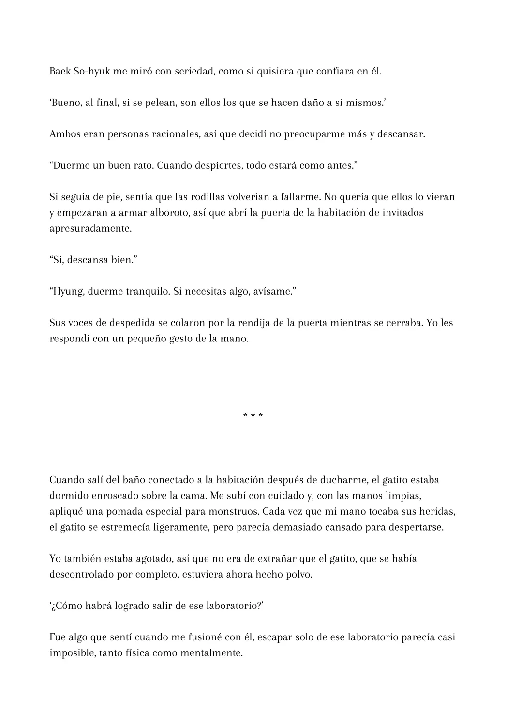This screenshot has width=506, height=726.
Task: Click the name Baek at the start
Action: point(60,72)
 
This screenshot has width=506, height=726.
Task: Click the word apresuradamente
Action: point(90,229)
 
